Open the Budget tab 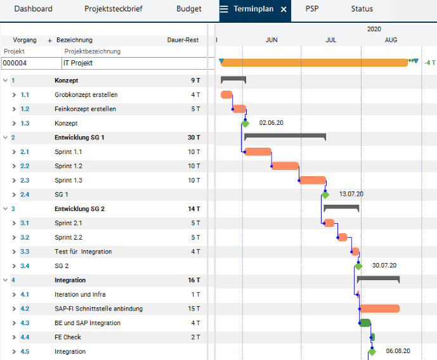(188, 9)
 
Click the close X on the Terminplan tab (284, 10)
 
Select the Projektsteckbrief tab (114, 9)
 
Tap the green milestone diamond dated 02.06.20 (245, 124)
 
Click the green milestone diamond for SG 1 (325, 195)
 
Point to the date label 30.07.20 (384, 266)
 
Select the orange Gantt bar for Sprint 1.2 (285, 166)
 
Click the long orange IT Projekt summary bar (315, 62)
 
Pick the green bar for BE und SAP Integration (365, 323)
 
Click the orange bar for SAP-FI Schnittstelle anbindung (379, 309)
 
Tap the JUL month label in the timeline (331, 40)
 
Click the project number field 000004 (31, 63)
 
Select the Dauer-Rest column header (183, 40)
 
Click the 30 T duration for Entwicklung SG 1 (193, 138)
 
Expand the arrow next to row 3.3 (14, 252)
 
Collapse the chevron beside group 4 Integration (5, 280)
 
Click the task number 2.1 (25, 152)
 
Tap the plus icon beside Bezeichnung (49, 41)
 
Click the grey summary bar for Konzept (233, 80)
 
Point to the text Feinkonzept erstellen (85, 109)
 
